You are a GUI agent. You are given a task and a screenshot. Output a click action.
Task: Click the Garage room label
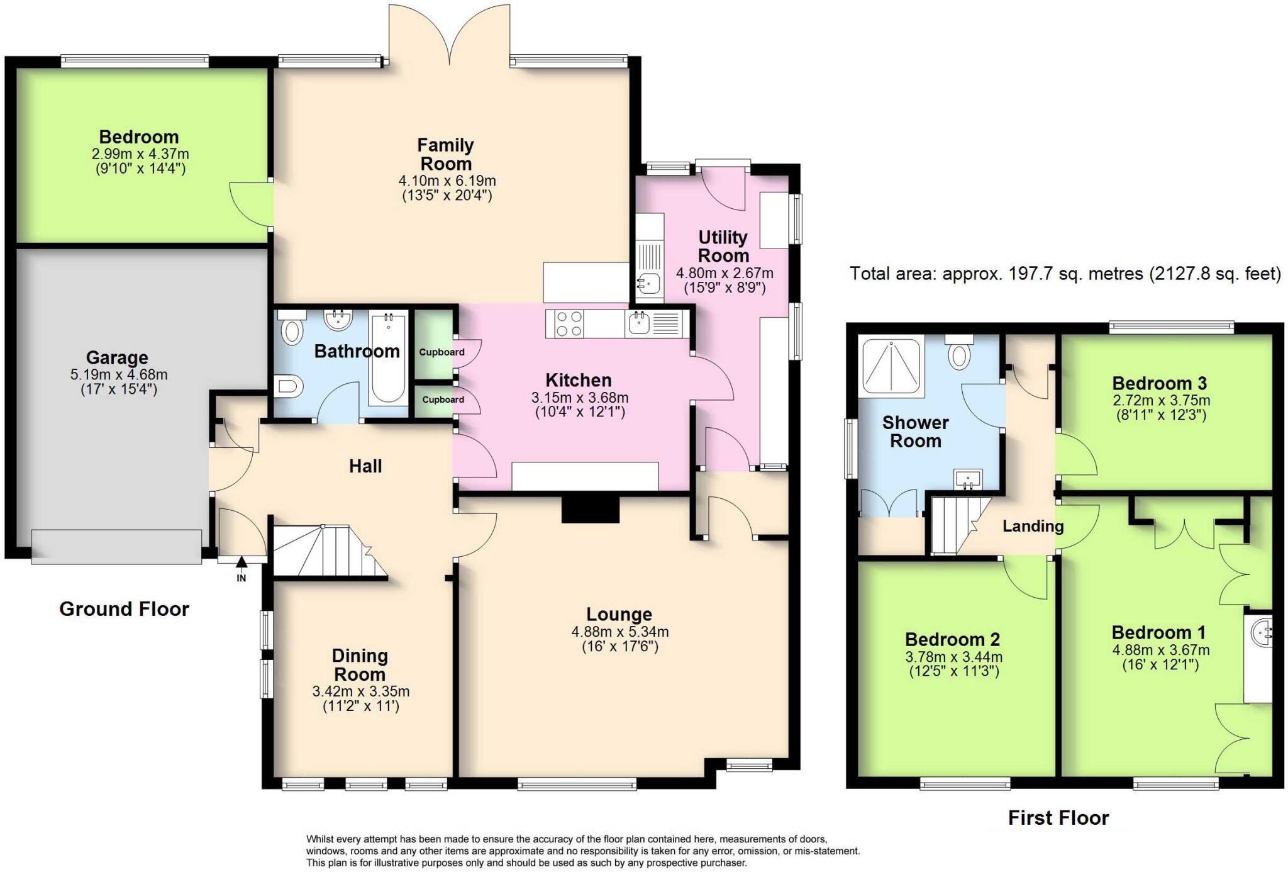tap(117, 357)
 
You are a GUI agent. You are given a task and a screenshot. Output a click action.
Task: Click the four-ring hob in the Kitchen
tap(568, 323)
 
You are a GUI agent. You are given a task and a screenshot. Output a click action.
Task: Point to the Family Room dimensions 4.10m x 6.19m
tap(447, 181)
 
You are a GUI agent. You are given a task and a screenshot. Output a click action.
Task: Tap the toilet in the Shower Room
tap(959, 352)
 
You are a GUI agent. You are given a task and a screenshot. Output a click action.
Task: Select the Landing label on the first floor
tap(1033, 526)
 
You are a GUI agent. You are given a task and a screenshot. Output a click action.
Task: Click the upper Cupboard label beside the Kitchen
tap(441, 352)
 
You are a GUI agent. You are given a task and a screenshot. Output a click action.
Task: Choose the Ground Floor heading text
tap(124, 609)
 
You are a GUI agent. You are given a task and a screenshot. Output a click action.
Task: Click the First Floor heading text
tap(1058, 818)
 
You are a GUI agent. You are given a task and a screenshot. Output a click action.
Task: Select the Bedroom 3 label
tap(1159, 383)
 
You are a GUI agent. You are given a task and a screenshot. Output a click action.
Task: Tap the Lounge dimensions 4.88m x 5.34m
tap(619, 632)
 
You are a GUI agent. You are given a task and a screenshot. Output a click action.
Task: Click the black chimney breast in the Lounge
tap(590, 509)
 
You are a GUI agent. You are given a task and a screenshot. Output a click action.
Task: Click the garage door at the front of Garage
tap(117, 544)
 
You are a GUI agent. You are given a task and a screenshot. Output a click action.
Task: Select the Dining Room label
tap(360, 665)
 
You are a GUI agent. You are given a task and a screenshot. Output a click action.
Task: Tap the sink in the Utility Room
tap(648, 285)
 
